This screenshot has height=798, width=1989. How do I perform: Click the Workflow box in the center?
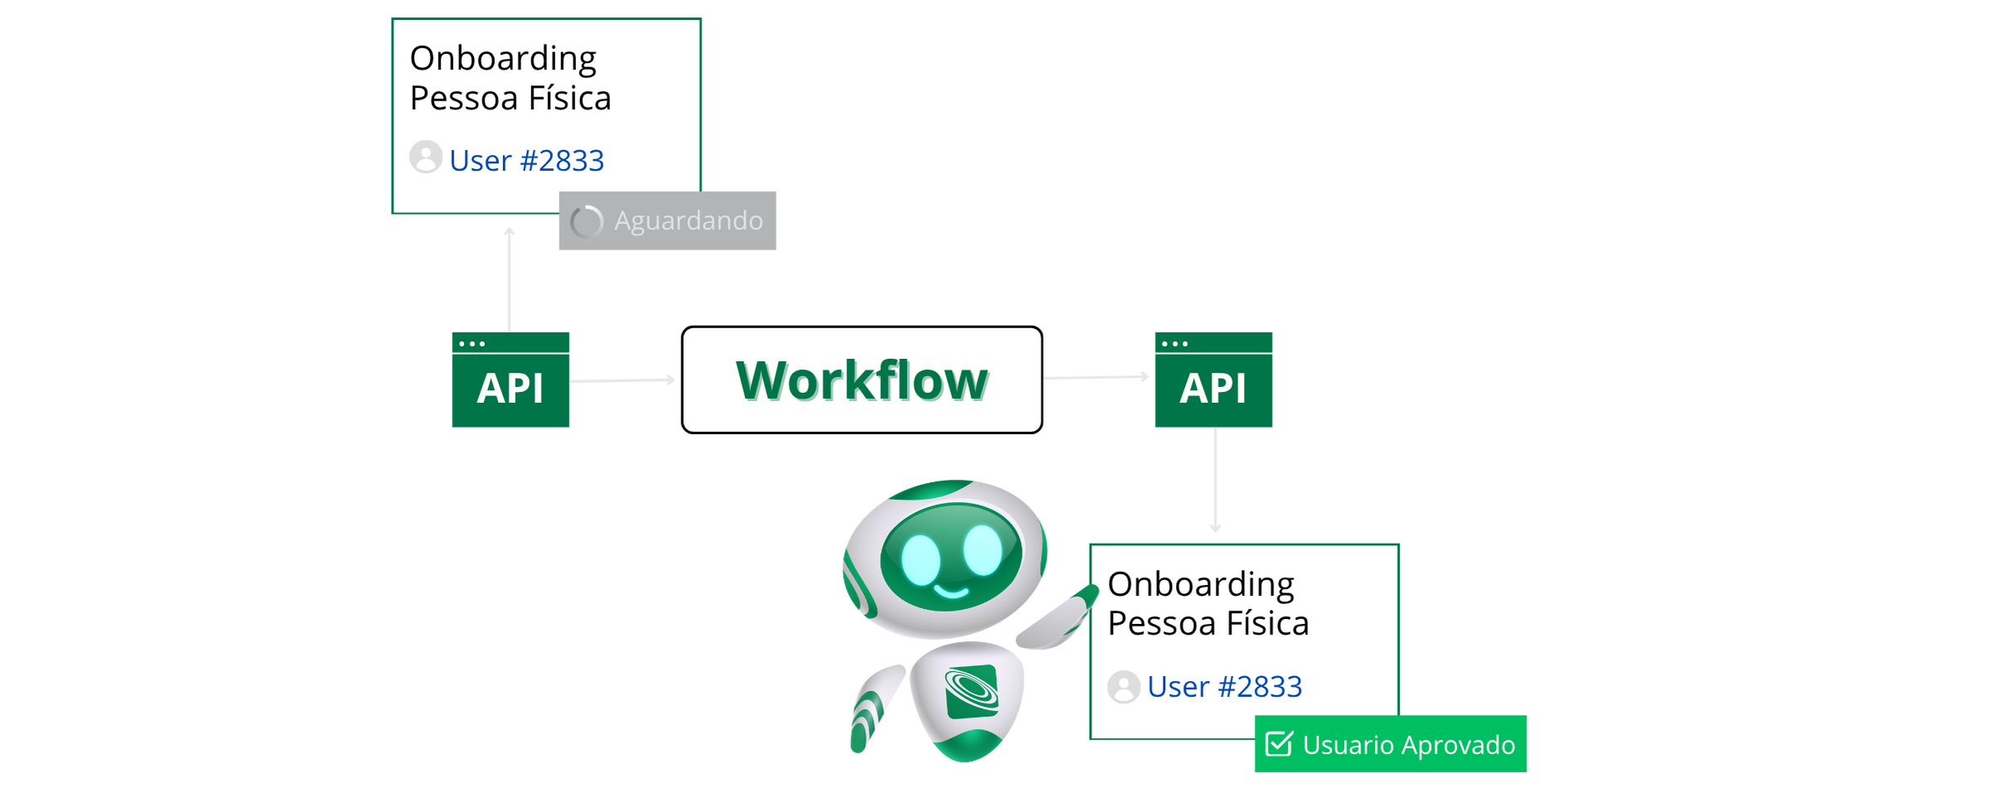[862, 380]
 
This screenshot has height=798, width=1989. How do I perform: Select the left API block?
[510, 380]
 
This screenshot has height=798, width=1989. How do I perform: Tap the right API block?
[1213, 380]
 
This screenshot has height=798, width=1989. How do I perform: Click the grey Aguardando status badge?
[667, 221]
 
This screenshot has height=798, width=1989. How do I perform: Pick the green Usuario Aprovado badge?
[1391, 744]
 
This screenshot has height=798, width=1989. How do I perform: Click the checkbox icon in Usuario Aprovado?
[1279, 744]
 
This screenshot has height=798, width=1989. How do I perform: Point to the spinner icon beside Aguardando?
[587, 221]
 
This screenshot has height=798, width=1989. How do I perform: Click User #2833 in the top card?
[526, 160]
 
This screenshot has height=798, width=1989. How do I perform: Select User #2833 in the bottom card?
[1224, 686]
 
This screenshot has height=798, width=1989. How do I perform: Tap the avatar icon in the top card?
[426, 157]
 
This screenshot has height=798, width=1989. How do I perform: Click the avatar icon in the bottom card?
[1124, 687]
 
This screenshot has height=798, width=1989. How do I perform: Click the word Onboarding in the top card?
[503, 59]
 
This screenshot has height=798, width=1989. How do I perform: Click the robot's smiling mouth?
[951, 592]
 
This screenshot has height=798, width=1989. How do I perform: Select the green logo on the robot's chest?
[971, 691]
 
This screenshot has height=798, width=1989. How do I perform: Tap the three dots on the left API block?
[472, 343]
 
